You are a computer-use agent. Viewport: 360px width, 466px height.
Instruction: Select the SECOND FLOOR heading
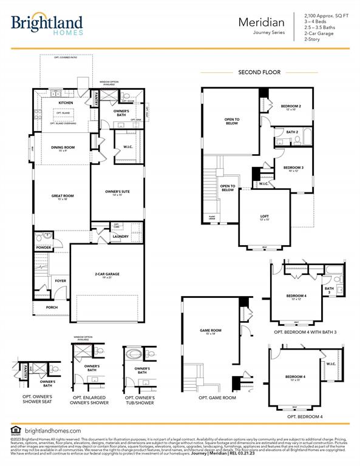[259, 72]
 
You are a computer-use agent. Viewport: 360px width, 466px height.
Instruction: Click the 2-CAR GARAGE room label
[107, 274]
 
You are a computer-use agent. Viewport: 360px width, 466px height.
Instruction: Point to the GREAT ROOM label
[62, 196]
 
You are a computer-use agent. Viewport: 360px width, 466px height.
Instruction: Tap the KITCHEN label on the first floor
[66, 103]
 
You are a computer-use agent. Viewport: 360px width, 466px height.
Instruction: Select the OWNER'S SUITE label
[118, 192]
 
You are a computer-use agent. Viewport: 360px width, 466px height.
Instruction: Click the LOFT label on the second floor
[265, 217]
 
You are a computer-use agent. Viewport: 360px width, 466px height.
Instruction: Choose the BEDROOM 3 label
[294, 167]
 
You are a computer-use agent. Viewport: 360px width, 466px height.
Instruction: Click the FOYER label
[61, 281]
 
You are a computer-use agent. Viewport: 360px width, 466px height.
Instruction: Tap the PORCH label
[53, 308]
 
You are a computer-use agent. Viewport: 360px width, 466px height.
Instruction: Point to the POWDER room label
[43, 248]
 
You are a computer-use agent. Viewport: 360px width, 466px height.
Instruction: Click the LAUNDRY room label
[121, 237]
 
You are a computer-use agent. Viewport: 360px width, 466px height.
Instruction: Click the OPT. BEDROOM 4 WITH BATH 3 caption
[296, 333]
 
